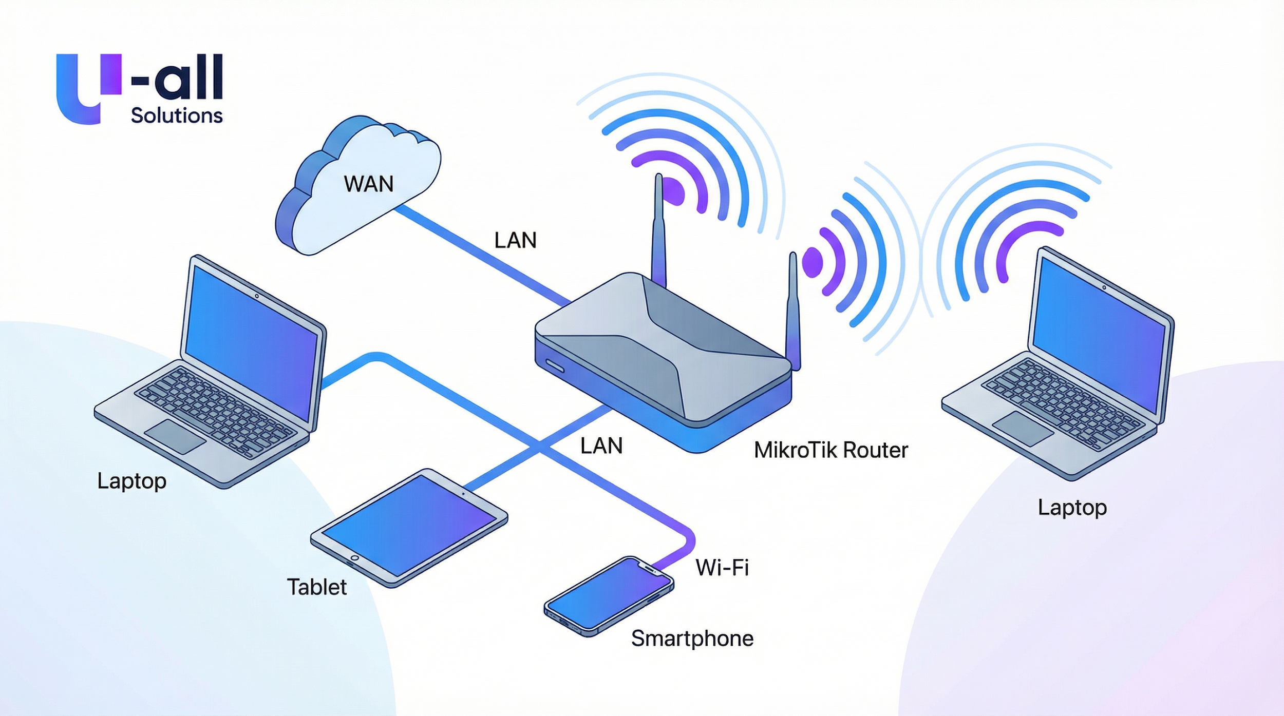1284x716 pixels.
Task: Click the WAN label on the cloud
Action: pyautogui.click(x=369, y=184)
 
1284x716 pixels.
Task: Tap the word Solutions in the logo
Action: pyautogui.click(x=177, y=115)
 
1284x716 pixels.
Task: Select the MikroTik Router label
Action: pyautogui.click(x=830, y=450)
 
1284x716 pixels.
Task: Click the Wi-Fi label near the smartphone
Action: pyautogui.click(x=722, y=568)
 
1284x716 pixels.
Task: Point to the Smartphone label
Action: pyautogui.click(x=692, y=638)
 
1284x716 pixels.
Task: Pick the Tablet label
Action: pyautogui.click(x=316, y=587)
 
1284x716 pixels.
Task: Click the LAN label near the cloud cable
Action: pyautogui.click(x=515, y=240)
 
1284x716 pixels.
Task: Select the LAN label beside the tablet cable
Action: pyautogui.click(x=601, y=446)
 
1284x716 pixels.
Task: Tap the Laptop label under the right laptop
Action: pyautogui.click(x=1072, y=507)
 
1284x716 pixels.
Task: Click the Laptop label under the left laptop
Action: pyautogui.click(x=131, y=481)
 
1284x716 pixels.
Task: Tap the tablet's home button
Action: pyautogui.click(x=354, y=558)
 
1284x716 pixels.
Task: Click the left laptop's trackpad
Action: pyautogui.click(x=175, y=436)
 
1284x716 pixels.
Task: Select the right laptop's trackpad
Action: pyautogui.click(x=1023, y=428)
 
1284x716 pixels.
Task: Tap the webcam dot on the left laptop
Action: pyautogui.click(x=257, y=296)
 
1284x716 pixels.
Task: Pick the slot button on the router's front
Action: pyautogui.click(x=555, y=366)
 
